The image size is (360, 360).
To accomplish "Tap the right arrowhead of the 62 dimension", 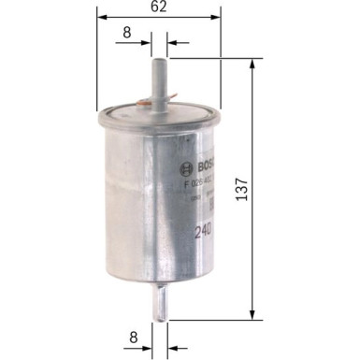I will point(222,15).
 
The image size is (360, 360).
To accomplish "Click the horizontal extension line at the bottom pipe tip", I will point(215,319).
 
